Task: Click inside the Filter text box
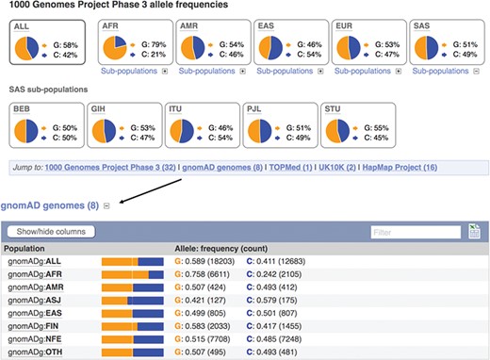[414, 231]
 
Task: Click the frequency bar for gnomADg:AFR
[133, 274]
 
